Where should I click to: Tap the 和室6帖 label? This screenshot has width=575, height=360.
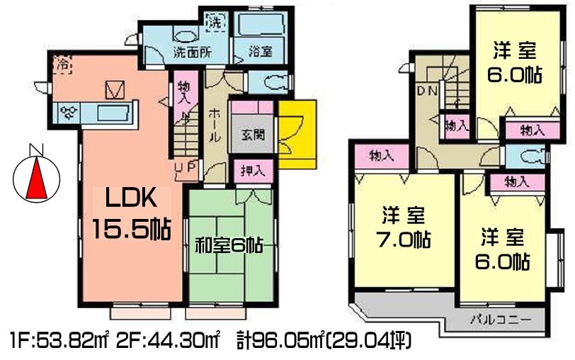(229, 246)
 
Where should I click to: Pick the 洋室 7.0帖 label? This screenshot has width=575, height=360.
(402, 225)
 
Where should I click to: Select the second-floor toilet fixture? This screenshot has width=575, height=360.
(528, 155)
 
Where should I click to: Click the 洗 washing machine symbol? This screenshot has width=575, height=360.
(215, 21)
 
